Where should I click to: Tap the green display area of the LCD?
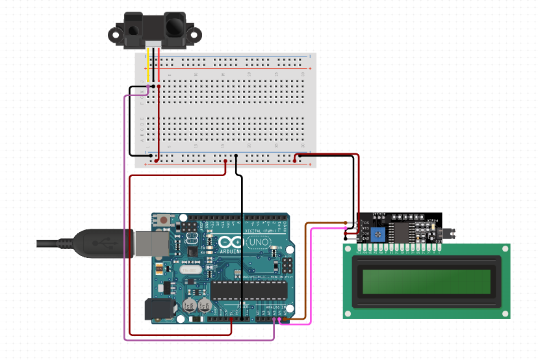pos(426,281)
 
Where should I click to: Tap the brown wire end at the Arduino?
pos(287,318)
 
